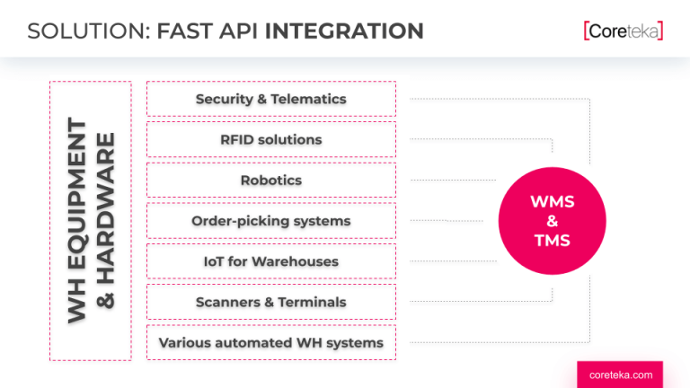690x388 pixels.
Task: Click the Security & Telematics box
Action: (270, 99)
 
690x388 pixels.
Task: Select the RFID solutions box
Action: (270, 139)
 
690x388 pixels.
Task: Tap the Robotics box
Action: (270, 180)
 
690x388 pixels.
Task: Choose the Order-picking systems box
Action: (270, 221)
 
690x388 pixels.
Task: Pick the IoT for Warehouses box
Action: (270, 261)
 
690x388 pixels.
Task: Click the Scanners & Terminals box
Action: (270, 302)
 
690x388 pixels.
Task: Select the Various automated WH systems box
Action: (270, 343)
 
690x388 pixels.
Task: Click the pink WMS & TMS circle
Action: (552, 221)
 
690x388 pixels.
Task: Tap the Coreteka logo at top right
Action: (623, 31)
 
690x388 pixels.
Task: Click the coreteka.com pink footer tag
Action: (620, 375)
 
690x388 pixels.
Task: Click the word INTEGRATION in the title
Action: (344, 31)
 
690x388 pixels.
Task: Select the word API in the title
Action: (236, 31)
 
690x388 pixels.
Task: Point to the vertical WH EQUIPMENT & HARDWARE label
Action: (91, 221)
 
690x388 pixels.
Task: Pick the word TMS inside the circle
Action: (552, 241)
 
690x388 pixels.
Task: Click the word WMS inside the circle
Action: (552, 202)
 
